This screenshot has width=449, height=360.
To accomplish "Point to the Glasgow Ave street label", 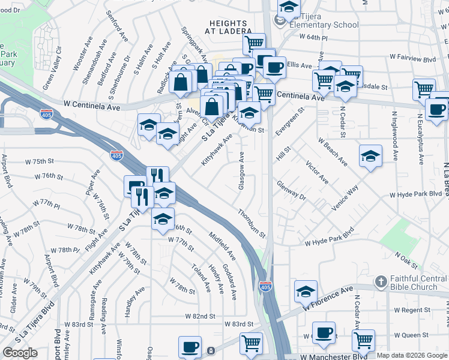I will coord(241,171).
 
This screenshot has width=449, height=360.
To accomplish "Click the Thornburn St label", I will coord(250,223).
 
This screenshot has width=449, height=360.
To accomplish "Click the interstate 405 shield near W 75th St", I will coord(116,155).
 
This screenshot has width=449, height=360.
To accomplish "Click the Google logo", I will coord(20,353).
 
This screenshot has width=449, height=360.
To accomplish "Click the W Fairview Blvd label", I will coord(412,58).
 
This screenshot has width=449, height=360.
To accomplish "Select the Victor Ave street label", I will coord(317,172).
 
